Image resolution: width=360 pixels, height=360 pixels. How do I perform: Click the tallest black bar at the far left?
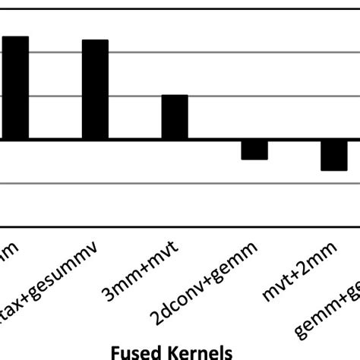pyautogui.click(x=14, y=88)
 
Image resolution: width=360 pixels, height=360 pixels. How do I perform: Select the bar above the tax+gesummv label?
pyautogui.click(x=95, y=90)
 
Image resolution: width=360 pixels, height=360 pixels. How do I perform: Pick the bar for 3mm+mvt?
pyautogui.click(x=175, y=117)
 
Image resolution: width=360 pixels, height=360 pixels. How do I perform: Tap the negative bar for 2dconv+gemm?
pyautogui.click(x=254, y=150)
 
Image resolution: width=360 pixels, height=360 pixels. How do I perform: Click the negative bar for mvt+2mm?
pyautogui.click(x=333, y=155)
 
